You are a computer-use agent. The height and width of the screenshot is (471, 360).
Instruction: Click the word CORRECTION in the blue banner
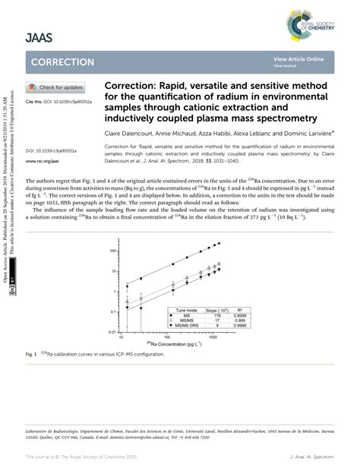(x=63, y=62)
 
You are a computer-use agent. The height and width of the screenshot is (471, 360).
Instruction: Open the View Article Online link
(x=298, y=59)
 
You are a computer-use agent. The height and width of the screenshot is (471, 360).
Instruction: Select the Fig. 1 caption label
(x=32, y=355)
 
